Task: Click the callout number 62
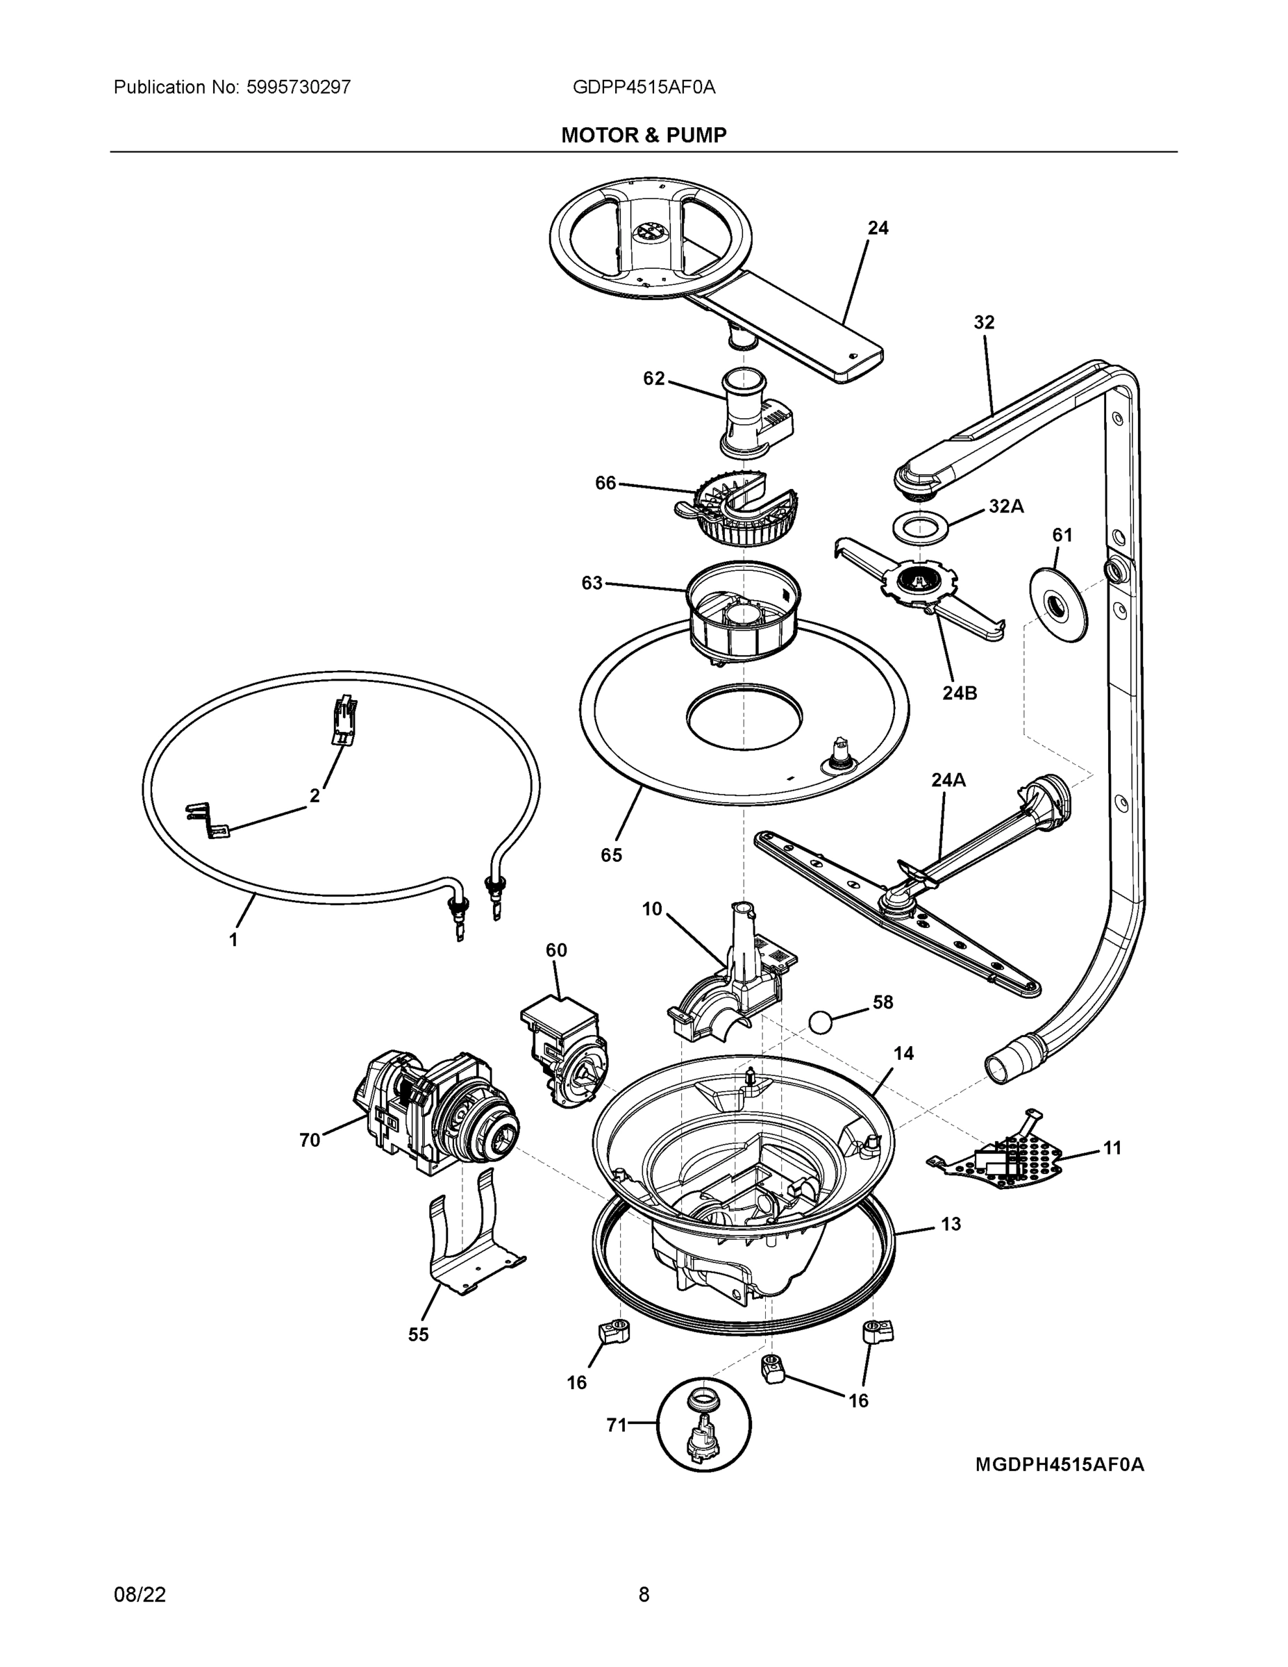point(654,379)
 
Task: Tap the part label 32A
point(1005,506)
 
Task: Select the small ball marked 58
point(820,1021)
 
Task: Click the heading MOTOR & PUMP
point(644,135)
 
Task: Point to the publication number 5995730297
point(299,87)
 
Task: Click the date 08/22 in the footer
point(140,1595)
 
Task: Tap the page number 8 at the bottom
point(644,1595)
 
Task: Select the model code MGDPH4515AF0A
point(1060,1464)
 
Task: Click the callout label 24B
point(960,693)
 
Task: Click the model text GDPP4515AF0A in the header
point(644,87)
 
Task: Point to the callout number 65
point(611,855)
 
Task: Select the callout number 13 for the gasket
point(951,1225)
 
